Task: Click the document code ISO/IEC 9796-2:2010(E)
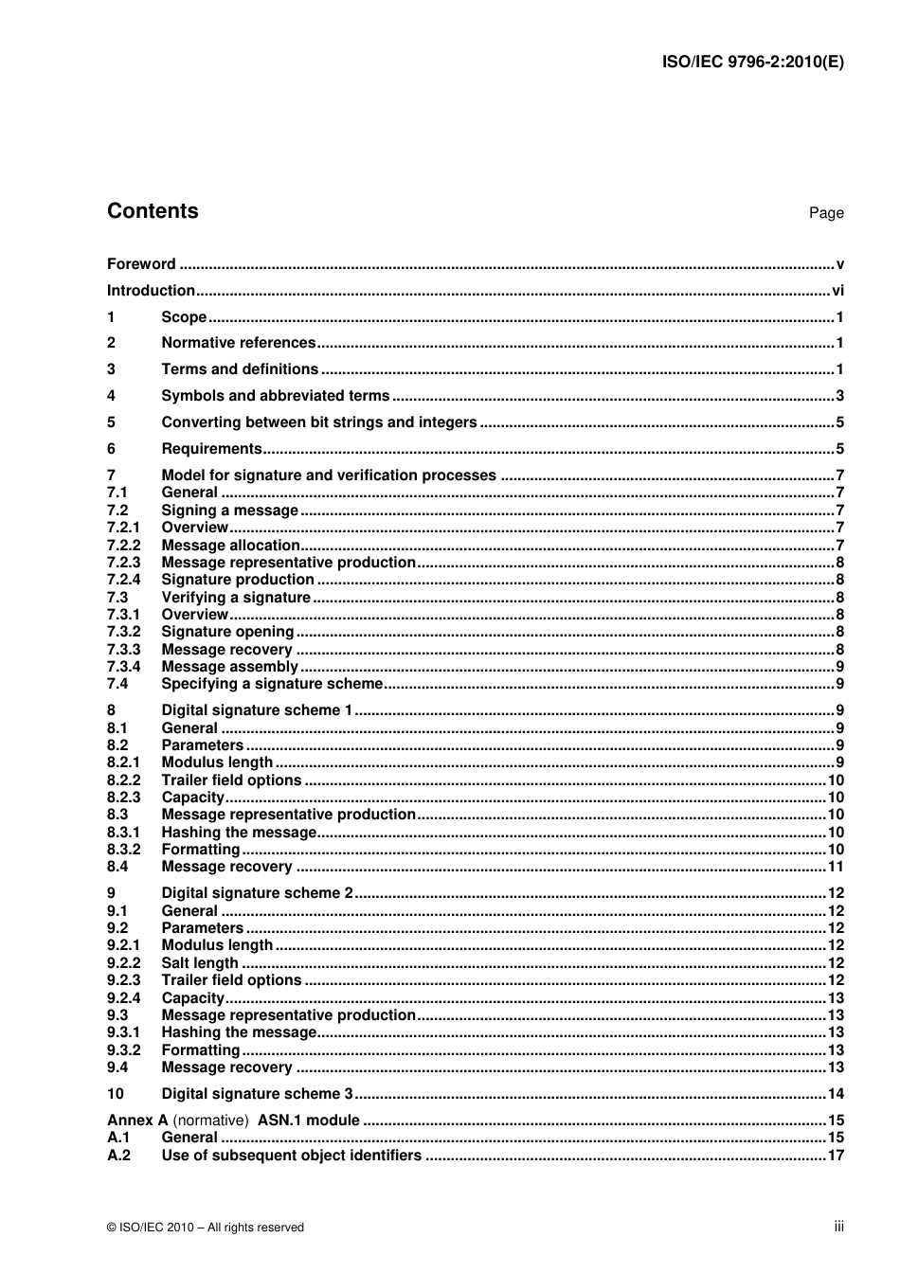pos(752,62)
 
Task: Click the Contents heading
pos(153,211)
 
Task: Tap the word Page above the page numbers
pos(825,213)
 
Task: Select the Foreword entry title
pos(141,264)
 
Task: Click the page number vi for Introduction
pos(837,291)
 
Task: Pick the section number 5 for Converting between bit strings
pos(111,422)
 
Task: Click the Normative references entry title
pos(238,343)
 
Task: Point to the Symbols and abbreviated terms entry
pos(275,396)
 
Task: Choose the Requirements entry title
pos(211,449)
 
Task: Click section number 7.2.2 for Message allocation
pos(123,546)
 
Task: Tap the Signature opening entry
pos(227,632)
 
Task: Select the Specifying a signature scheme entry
pos(272,684)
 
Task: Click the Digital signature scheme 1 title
pos(257,710)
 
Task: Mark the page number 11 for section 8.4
pos(835,867)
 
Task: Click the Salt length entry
pos(199,963)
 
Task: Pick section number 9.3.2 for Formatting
pos(123,1050)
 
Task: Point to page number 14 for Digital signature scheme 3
pos(835,1094)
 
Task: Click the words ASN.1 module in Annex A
pos(308,1121)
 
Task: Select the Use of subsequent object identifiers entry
pos(291,1156)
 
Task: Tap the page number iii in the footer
pos(838,1227)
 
